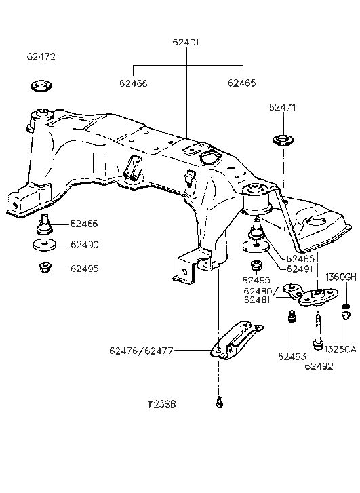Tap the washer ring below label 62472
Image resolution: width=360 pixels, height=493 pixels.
click(x=42, y=87)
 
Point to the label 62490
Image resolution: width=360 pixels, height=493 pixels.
click(x=84, y=244)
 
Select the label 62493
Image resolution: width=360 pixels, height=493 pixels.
click(x=291, y=355)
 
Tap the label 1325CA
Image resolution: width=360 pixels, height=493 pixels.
click(x=341, y=349)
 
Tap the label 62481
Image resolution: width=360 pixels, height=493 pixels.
click(x=259, y=300)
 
